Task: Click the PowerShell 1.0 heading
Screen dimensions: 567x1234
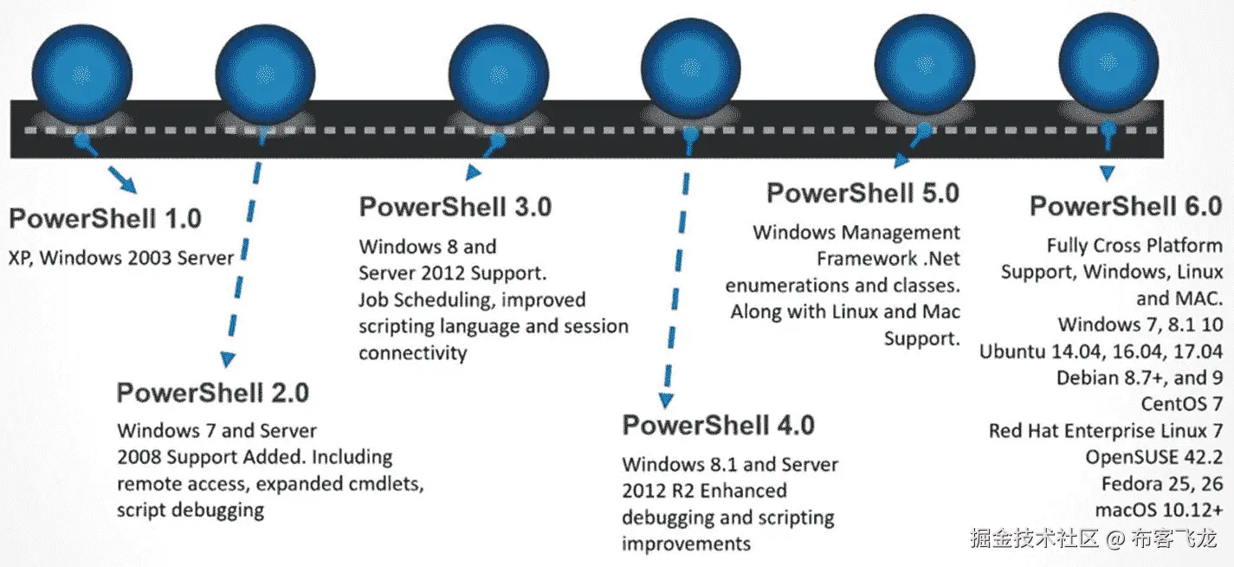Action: coord(106,217)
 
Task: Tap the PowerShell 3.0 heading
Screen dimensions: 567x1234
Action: coord(455,207)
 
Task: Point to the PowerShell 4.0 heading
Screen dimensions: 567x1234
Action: coord(719,425)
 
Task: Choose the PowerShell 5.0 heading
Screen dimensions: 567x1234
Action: coord(863,192)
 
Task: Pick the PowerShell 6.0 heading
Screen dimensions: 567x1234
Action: coord(1126,206)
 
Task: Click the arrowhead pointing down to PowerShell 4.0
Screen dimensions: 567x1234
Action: coord(666,400)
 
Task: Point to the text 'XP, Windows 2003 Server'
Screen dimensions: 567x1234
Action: coord(121,257)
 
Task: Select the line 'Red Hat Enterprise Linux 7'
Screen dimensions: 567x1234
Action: coord(1106,430)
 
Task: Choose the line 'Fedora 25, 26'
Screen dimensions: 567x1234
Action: coord(1162,482)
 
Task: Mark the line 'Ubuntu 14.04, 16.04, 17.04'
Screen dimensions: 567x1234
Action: coord(1101,351)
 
